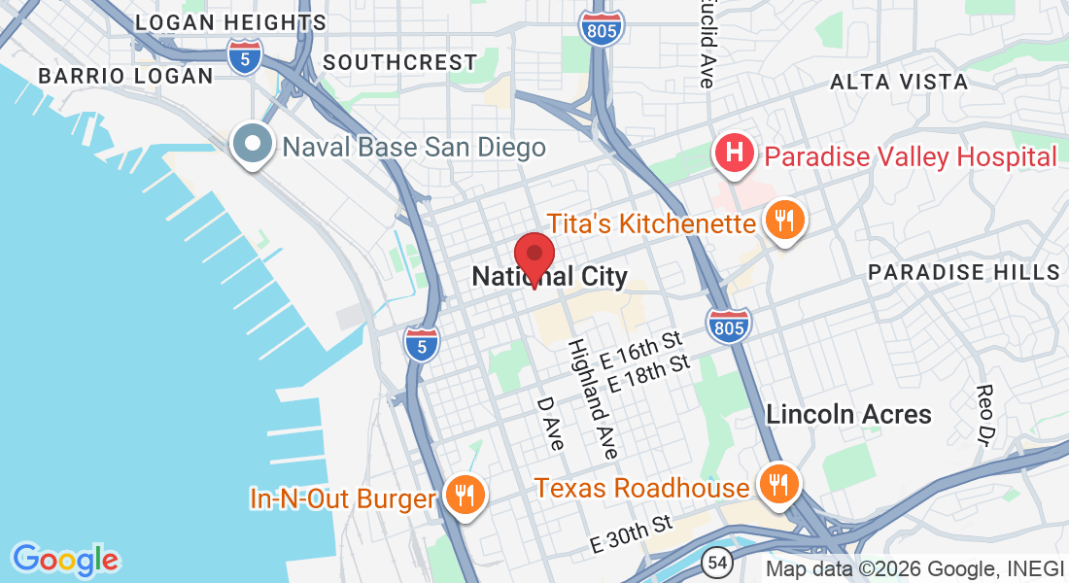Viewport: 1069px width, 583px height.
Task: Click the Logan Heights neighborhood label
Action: (230, 22)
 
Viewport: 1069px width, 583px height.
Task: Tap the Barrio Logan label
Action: (124, 75)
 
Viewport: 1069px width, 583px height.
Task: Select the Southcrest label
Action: (399, 62)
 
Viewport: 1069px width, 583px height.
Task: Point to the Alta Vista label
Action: (899, 83)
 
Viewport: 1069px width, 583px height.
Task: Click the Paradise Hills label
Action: (963, 271)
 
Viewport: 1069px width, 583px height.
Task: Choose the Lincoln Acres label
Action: (848, 414)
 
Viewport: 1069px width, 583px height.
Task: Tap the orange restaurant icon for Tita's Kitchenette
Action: (783, 220)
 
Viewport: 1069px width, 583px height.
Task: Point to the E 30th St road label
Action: (632, 534)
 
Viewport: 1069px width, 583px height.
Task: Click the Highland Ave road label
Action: (593, 398)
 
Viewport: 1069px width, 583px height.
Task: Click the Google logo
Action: (65, 560)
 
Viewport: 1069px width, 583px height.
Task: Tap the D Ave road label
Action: (551, 422)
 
